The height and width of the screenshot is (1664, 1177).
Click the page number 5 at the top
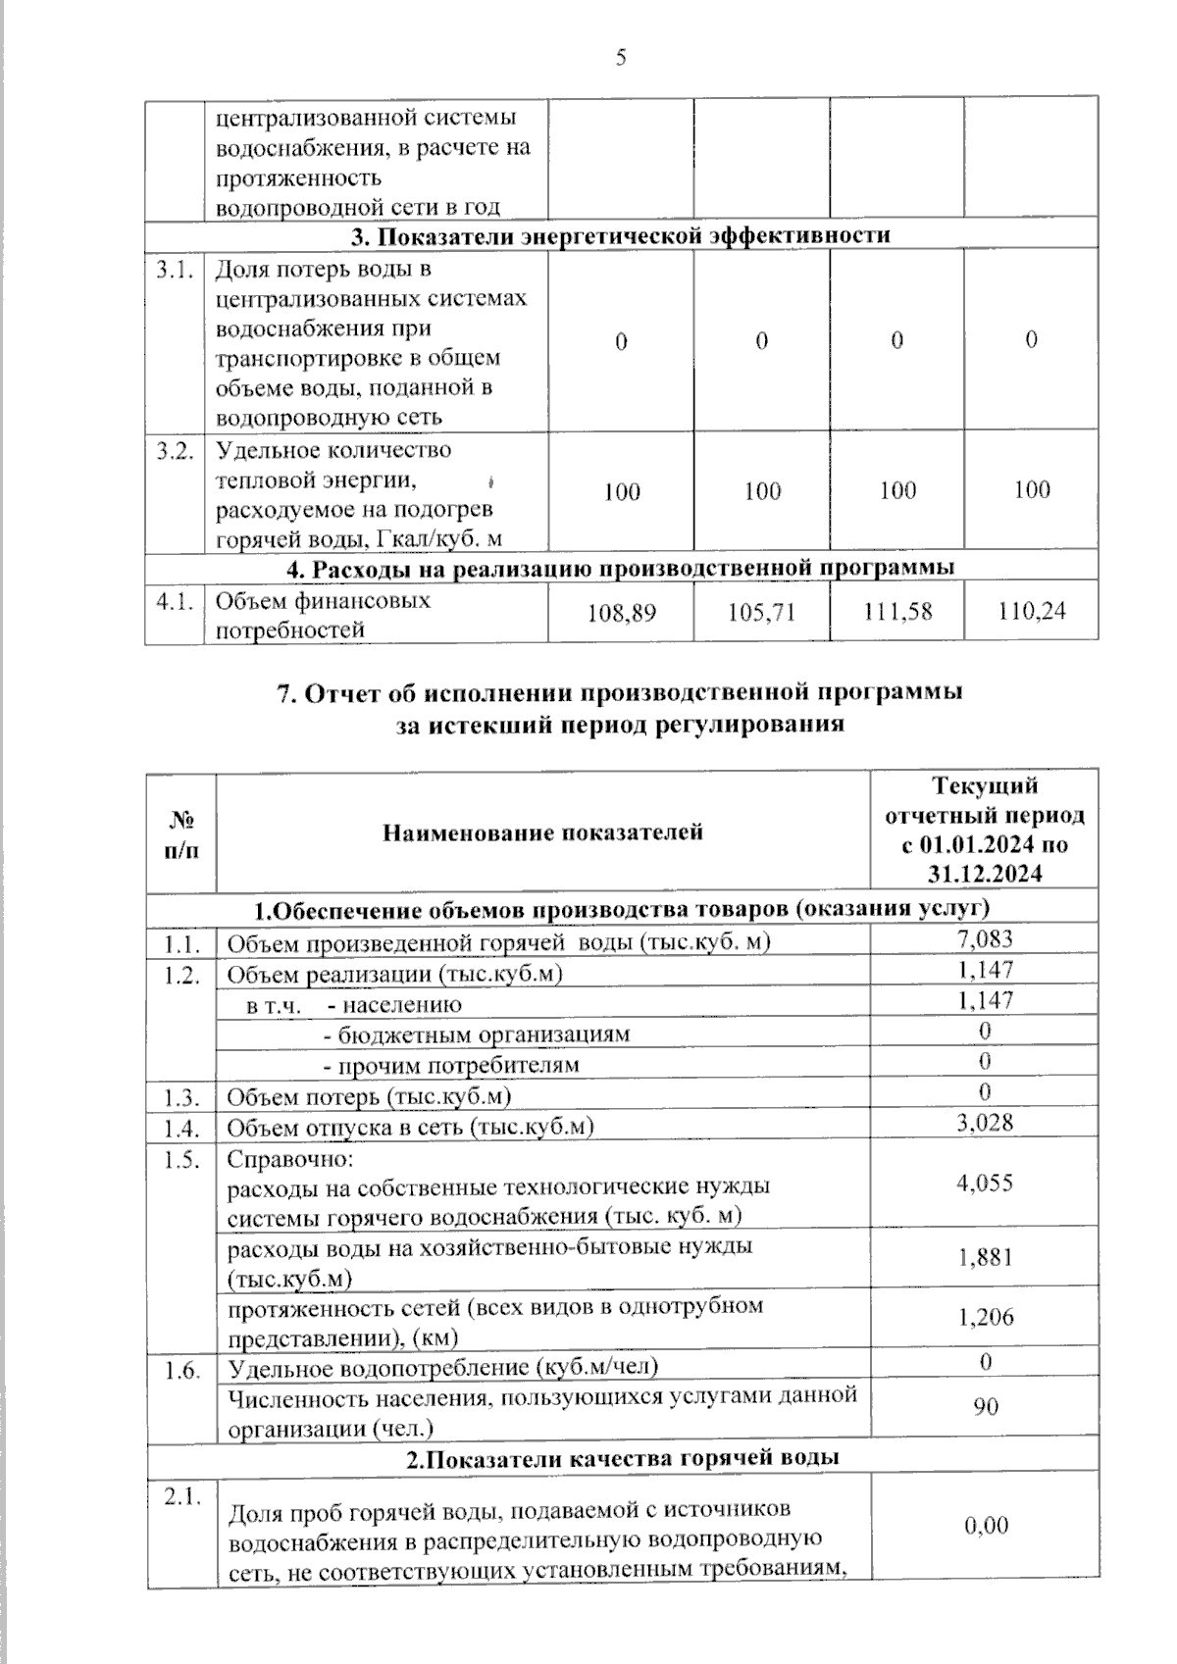621,58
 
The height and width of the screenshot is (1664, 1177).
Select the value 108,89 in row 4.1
621,613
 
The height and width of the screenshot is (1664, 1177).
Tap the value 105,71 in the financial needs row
761,613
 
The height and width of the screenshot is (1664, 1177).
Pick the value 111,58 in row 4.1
897,612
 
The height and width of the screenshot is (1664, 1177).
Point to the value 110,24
1032,612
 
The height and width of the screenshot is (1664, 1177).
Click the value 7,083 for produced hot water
985,939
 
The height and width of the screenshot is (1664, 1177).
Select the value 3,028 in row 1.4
985,1123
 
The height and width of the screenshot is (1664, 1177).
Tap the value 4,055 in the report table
985,1183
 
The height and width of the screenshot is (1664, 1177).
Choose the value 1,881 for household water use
985,1257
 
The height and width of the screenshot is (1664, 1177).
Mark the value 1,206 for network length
985,1316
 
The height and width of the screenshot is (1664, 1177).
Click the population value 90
985,1406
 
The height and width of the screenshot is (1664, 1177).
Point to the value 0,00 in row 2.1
985,1526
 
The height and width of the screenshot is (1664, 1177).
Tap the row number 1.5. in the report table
182,1158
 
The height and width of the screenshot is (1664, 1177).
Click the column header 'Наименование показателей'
542,832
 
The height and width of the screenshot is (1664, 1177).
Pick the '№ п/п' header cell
181,833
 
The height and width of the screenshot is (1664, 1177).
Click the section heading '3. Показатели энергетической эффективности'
621,235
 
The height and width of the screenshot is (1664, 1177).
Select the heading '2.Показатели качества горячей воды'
623,1458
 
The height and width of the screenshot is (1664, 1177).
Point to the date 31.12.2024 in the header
985,875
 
